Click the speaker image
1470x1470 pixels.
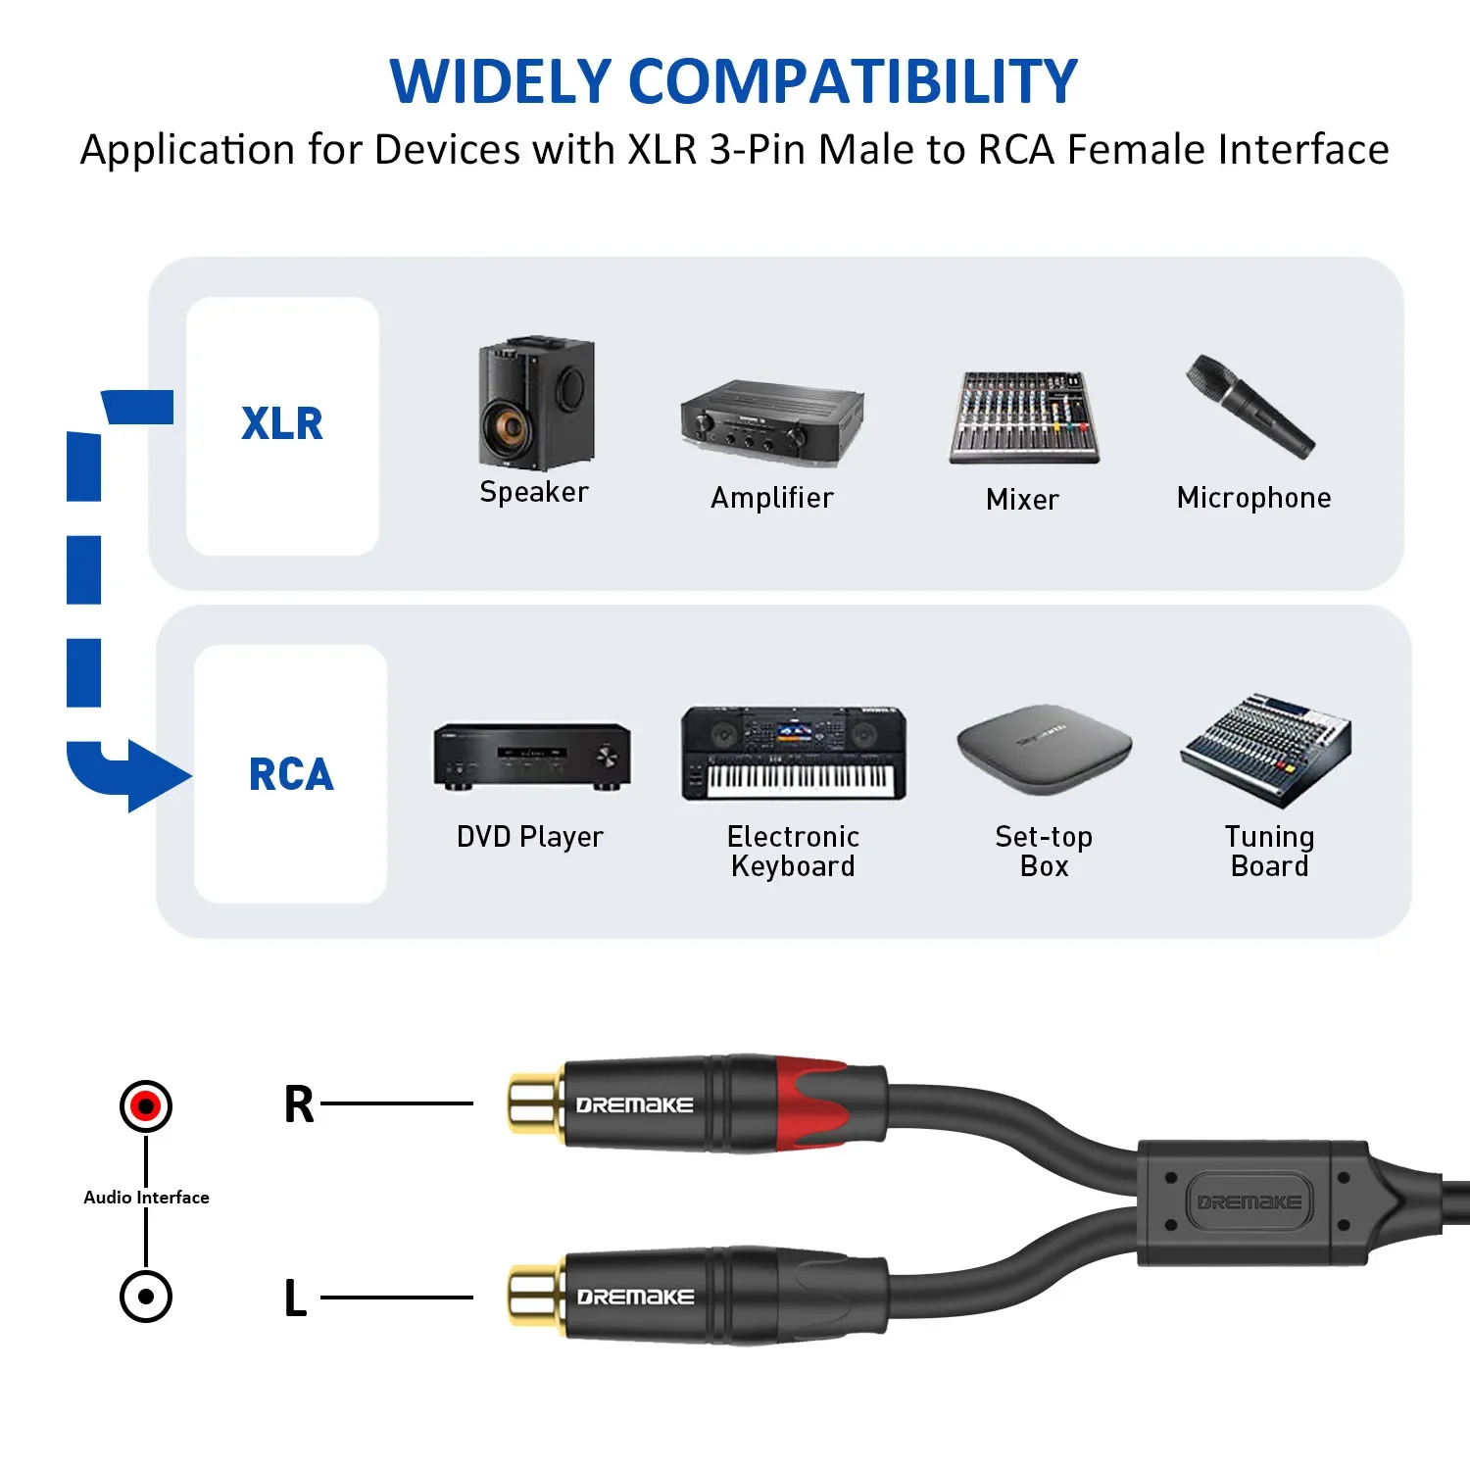pyautogui.click(x=535, y=404)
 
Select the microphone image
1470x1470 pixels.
pyautogui.click(x=1249, y=406)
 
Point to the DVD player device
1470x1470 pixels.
pyautogui.click(x=532, y=757)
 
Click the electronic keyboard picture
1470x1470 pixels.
pyautogui.click(x=794, y=753)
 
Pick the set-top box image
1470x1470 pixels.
pyautogui.click(x=1044, y=750)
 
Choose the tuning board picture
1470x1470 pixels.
pyautogui.click(x=1266, y=749)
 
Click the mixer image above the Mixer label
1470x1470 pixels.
pyautogui.click(x=1023, y=417)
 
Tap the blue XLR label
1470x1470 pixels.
pyautogui.click(x=282, y=424)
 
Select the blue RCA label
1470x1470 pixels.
pyautogui.click(x=291, y=774)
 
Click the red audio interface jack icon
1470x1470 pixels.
pyautogui.click(x=146, y=1105)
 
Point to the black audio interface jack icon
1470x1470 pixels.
pyautogui.click(x=146, y=1297)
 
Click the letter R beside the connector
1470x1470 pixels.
pyautogui.click(x=299, y=1104)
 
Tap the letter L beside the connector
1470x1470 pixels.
pyautogui.click(x=295, y=1298)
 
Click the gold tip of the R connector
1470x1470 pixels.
pyautogui.click(x=535, y=1103)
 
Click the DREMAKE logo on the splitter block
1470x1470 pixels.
pyautogui.click(x=1249, y=1201)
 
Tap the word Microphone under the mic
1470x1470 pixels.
pyautogui.click(x=1253, y=498)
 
